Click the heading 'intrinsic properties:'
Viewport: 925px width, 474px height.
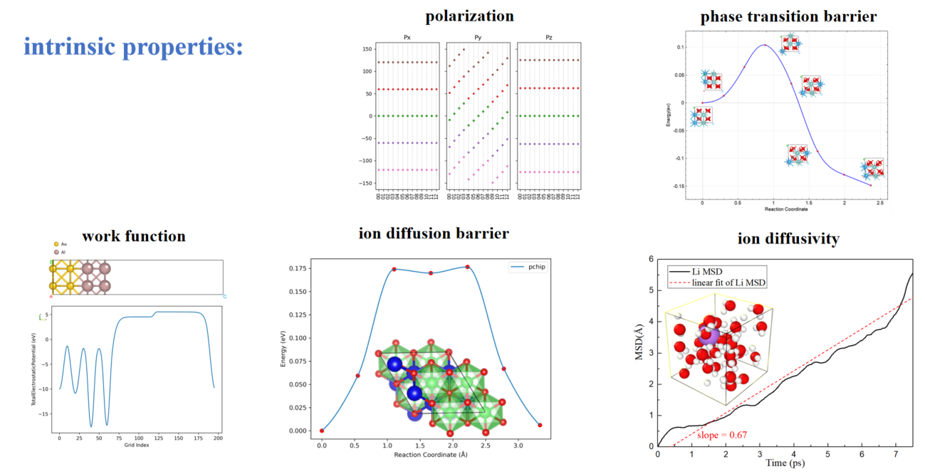[134, 47]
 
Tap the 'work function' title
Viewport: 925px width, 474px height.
[133, 236]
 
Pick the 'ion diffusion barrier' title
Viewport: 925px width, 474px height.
[433, 233]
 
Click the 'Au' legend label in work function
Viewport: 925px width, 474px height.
[64, 244]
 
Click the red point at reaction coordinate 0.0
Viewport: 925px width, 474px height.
[322, 431]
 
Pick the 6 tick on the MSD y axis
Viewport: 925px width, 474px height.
[650, 260]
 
